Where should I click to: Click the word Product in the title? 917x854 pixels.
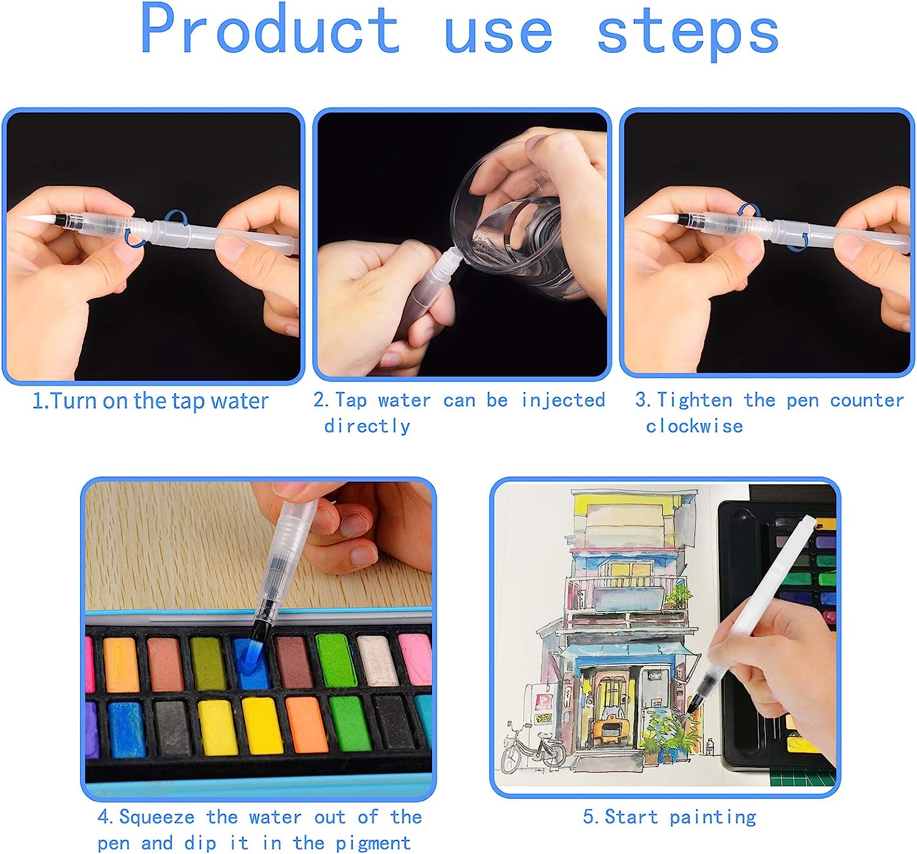click(x=270, y=29)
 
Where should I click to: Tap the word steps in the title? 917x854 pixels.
click(x=688, y=32)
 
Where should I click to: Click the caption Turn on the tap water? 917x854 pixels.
click(x=150, y=401)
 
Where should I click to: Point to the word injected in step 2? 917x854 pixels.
click(x=562, y=400)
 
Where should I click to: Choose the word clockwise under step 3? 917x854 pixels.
click(x=694, y=426)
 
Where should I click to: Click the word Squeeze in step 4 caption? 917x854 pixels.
click(x=157, y=817)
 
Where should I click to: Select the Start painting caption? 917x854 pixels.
click(x=669, y=817)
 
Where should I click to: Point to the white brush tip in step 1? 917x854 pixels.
click(x=38, y=217)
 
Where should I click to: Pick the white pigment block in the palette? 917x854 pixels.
click(x=376, y=660)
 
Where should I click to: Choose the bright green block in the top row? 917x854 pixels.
click(x=335, y=660)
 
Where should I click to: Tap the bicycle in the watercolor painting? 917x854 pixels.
click(x=532, y=749)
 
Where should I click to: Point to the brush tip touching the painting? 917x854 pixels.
click(x=692, y=709)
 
